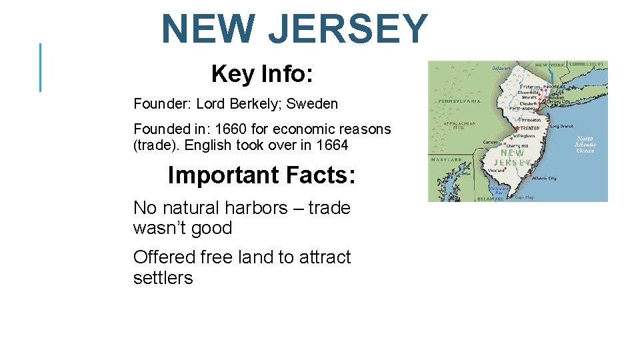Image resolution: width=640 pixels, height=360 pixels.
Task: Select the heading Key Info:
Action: [x=262, y=74]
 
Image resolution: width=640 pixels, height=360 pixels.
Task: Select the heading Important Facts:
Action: [x=261, y=175]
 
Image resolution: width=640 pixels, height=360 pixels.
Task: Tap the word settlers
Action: [x=163, y=278]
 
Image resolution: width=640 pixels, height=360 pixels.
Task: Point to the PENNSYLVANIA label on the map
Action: [x=459, y=101]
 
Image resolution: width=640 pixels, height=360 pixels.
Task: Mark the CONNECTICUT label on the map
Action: [x=587, y=64]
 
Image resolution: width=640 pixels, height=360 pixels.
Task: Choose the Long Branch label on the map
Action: [x=562, y=126]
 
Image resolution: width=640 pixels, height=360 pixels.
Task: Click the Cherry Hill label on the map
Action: [x=517, y=146]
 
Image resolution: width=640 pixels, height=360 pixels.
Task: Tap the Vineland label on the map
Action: [x=496, y=171]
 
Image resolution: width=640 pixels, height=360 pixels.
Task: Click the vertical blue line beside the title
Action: [x=41, y=67]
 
